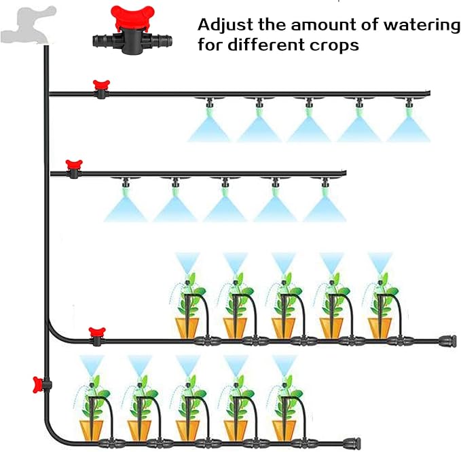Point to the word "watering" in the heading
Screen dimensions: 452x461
(422, 25)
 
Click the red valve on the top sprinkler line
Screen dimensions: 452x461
(102, 87)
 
